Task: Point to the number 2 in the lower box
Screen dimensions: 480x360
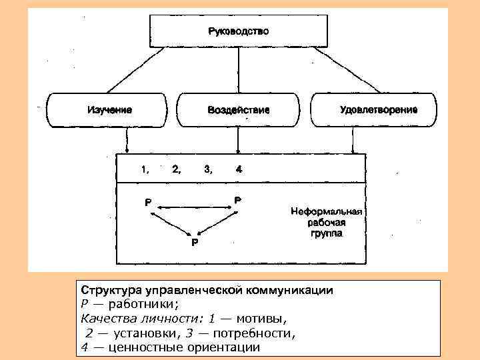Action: coord(176,169)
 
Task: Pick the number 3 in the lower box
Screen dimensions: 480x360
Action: coord(209,169)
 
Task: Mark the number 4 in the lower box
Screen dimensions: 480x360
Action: coord(238,169)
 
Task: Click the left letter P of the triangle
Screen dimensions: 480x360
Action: coord(148,201)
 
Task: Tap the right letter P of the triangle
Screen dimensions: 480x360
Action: coord(238,199)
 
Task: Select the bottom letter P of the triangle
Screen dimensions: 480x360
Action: coord(194,243)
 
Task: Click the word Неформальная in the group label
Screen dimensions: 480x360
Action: coord(326,212)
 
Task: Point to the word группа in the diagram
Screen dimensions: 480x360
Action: coord(326,235)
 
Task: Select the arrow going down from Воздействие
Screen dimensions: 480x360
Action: coord(238,140)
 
